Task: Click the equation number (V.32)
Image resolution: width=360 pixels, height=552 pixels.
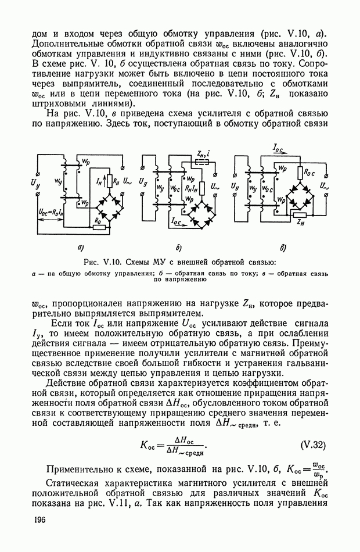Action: pyautogui.click(x=312, y=446)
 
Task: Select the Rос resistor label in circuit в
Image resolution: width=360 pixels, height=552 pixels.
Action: pyautogui.click(x=309, y=173)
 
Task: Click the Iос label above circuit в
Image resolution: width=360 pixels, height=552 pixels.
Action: pyautogui.click(x=278, y=149)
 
